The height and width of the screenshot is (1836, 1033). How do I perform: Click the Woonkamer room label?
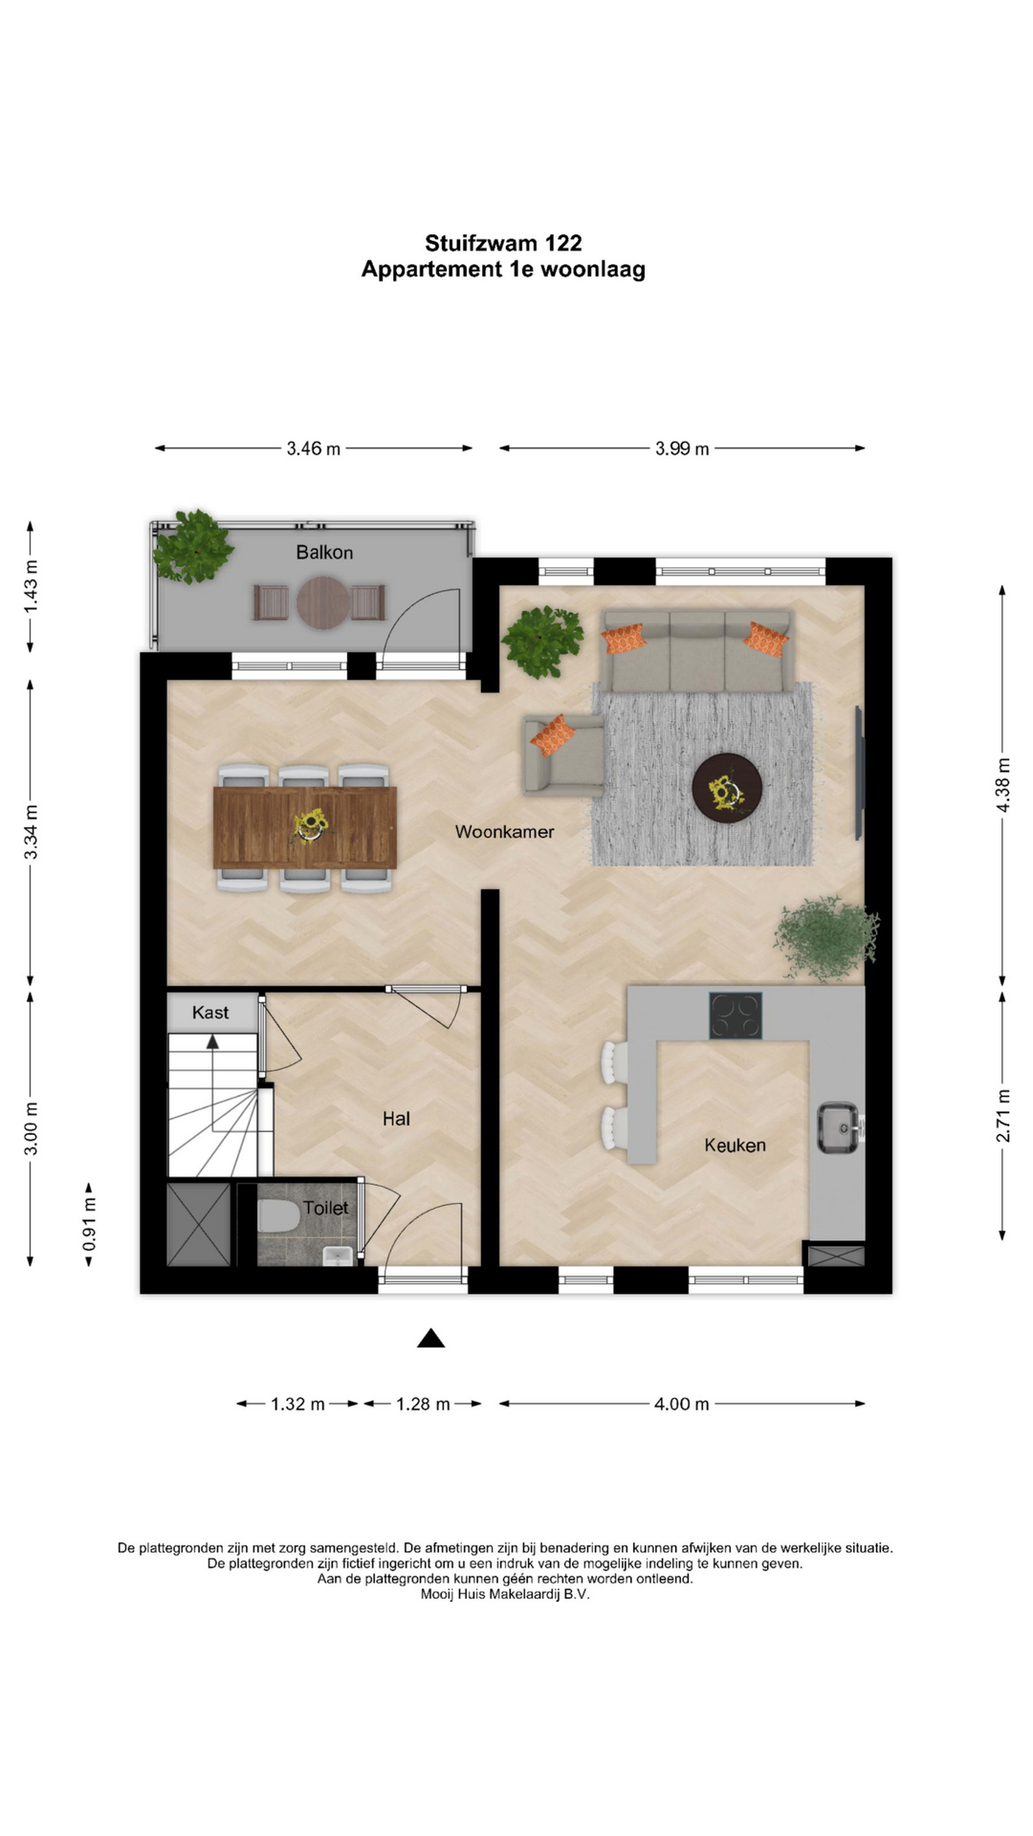(x=504, y=832)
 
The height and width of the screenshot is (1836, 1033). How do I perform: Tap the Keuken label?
(x=735, y=1145)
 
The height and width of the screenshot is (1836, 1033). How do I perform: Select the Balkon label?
(x=324, y=553)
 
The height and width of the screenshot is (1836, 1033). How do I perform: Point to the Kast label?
(x=210, y=1013)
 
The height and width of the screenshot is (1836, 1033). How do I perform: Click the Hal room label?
(x=396, y=1118)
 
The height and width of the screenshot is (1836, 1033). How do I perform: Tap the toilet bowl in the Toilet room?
(x=278, y=1216)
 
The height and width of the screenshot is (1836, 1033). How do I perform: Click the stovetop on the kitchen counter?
(x=736, y=1016)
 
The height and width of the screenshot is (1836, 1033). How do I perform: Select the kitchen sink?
(x=839, y=1128)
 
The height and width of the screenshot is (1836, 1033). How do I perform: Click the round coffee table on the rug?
(x=727, y=788)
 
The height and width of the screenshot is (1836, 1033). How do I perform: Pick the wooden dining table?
(x=304, y=827)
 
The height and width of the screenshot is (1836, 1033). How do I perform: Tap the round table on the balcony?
(x=324, y=602)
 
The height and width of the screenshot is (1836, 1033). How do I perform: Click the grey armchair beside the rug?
(x=562, y=754)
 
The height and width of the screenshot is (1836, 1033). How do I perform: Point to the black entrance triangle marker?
(x=431, y=1339)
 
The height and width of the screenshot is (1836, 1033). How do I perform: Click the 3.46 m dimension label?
(x=314, y=448)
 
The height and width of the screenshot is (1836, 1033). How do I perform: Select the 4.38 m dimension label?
(x=1002, y=785)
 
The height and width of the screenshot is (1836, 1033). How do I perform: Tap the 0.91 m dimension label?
(x=89, y=1225)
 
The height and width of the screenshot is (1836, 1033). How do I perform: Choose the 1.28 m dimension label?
(x=423, y=1404)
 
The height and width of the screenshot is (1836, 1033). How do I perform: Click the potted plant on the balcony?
(x=193, y=547)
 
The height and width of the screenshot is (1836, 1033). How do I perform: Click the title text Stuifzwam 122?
(x=503, y=244)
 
